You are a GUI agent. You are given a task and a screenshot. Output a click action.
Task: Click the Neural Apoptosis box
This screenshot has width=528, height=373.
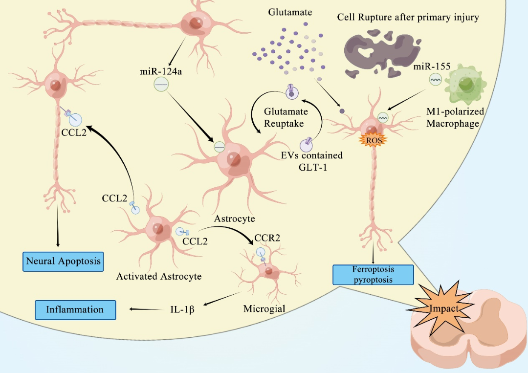(64, 261)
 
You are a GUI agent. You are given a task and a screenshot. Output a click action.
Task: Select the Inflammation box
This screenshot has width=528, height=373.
(75, 309)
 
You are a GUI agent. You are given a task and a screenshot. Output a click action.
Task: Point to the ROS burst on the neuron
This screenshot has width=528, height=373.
(374, 139)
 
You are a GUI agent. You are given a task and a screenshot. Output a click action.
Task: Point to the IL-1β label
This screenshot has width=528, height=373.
(182, 309)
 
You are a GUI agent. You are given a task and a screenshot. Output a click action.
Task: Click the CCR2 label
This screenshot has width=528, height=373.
(267, 238)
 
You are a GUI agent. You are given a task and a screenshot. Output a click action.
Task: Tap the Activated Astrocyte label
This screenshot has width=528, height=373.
(159, 276)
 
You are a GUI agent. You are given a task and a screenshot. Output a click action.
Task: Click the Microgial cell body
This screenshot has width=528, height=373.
(270, 271)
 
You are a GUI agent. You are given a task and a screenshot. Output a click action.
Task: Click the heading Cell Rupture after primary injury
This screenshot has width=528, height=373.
(408, 18)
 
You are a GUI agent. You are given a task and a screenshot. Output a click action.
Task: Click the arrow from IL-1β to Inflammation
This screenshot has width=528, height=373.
(145, 309)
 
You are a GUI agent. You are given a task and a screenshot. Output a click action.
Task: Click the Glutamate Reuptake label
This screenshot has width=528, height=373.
(284, 117)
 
